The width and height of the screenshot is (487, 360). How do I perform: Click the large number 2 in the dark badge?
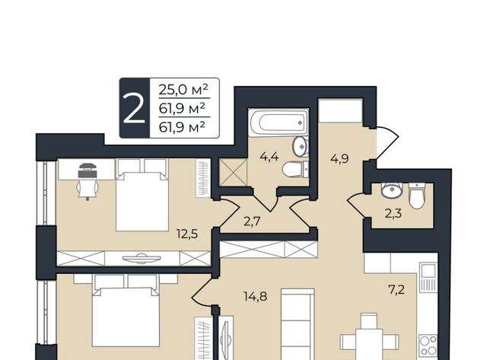(134, 108)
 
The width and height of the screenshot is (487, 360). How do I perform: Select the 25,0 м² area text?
(183, 90)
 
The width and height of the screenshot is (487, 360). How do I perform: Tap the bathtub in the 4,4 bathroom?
(279, 123)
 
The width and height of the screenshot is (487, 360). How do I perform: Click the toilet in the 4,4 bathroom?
(295, 169)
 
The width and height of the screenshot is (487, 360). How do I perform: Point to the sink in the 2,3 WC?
(392, 190)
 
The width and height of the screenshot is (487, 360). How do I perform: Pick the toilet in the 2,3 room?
(417, 196)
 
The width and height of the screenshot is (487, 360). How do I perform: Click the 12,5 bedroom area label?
(187, 233)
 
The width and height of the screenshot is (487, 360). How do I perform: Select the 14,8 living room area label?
(256, 296)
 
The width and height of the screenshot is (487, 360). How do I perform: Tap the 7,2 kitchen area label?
(396, 290)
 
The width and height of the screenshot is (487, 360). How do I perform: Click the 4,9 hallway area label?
(339, 159)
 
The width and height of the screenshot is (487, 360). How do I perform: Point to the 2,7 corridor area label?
(252, 221)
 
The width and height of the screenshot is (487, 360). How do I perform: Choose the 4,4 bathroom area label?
(269, 157)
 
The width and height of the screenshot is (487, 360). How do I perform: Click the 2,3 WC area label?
(393, 213)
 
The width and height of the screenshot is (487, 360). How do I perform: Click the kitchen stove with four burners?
(428, 346)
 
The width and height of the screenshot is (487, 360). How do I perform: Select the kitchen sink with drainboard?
(428, 277)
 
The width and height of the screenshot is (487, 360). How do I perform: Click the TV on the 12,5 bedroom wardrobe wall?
(142, 258)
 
